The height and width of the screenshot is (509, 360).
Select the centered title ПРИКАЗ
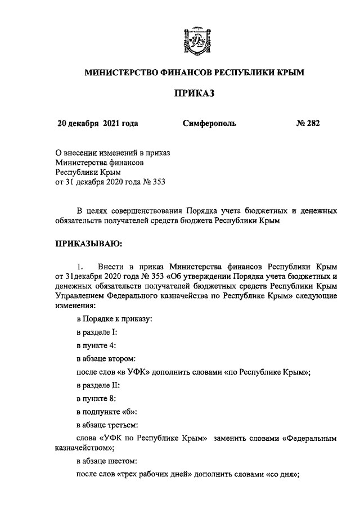(195, 93)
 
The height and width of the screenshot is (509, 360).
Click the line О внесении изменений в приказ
(112, 152)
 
